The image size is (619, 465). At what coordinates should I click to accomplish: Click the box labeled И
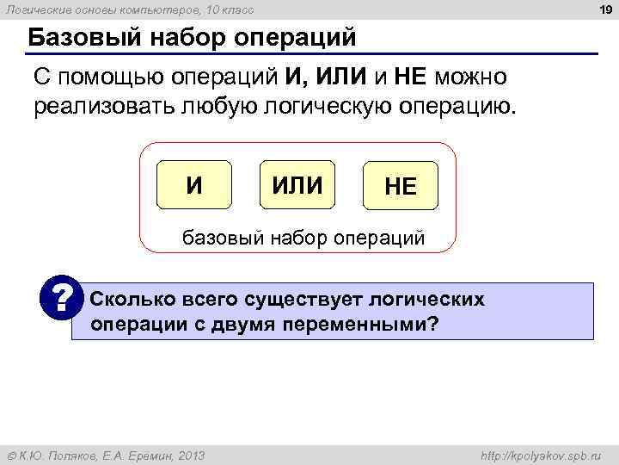coord(195,184)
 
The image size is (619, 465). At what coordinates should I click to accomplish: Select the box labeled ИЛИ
coord(297,184)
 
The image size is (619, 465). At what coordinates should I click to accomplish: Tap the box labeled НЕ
coord(401,187)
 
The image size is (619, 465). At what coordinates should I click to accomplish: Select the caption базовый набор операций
coord(301,237)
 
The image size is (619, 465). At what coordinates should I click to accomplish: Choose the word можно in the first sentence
coord(470,77)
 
